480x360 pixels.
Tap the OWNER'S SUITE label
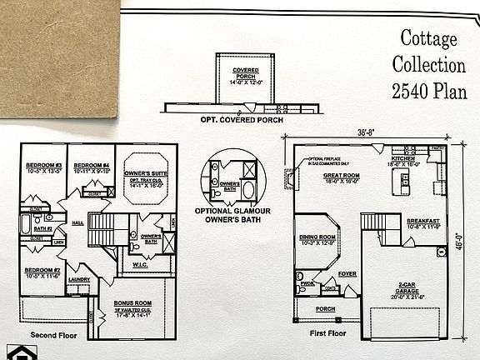coord(145,173)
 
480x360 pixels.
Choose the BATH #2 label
coord(43,227)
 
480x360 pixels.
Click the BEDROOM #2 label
coord(41,271)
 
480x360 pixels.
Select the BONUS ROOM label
coord(133,303)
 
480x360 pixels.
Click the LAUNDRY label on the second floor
coord(79,280)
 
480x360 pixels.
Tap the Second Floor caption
coord(54,335)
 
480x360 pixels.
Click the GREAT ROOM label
coord(342,176)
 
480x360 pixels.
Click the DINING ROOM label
coord(317,237)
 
